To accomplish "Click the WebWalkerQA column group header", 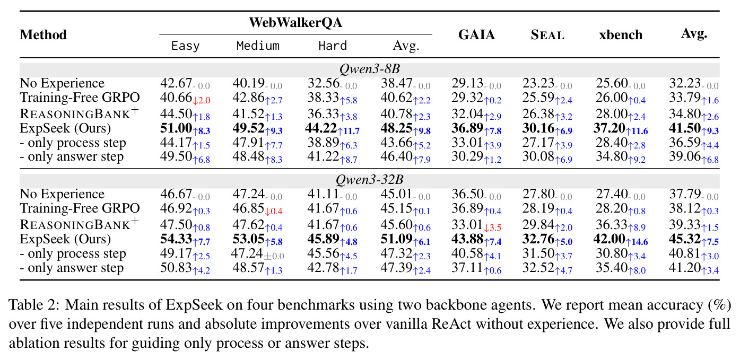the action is click(x=295, y=22).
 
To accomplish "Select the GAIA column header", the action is click(x=476, y=34).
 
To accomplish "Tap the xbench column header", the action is click(x=621, y=34).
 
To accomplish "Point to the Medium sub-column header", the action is click(x=258, y=46).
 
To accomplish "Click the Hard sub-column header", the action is click(x=333, y=46).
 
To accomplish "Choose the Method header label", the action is click(x=43, y=34).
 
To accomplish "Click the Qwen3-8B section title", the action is click(x=370, y=69).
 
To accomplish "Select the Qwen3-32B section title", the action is click(x=370, y=180).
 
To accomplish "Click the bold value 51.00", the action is click(x=176, y=128).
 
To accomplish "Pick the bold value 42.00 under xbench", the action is click(x=610, y=239).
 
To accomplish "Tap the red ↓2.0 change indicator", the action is click(x=201, y=100).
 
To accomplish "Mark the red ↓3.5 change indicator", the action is click(x=492, y=227).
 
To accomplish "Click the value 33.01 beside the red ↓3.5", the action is click(x=467, y=225).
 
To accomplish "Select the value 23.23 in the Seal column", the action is click(x=538, y=83).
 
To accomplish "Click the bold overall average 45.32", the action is click(x=685, y=239).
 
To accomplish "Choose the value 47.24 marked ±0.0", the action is click(x=247, y=253).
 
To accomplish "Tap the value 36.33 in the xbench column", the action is click(x=612, y=225).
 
